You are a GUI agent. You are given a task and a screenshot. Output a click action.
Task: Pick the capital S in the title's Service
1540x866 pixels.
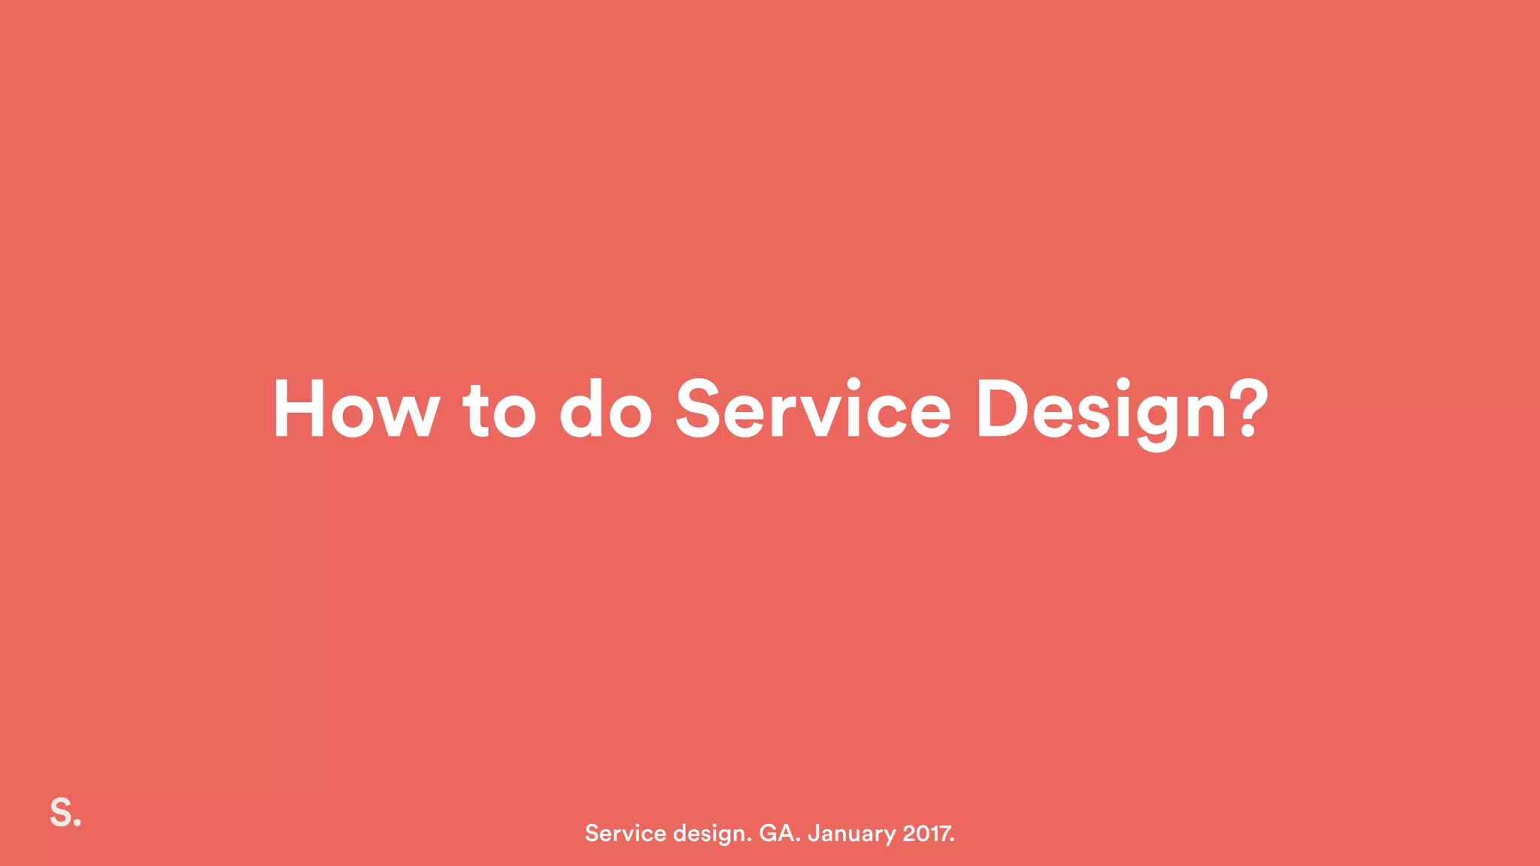coord(699,409)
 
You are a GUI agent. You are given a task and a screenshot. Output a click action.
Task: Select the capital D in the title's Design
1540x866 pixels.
coord(1001,409)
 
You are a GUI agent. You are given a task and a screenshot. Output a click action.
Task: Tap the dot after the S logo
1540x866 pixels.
coord(77,822)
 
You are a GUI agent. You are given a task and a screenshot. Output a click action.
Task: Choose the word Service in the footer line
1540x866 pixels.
coord(626,833)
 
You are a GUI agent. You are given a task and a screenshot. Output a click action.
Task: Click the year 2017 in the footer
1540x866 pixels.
coord(927,833)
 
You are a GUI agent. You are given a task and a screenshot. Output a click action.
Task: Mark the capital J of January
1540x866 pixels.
coord(813,833)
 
